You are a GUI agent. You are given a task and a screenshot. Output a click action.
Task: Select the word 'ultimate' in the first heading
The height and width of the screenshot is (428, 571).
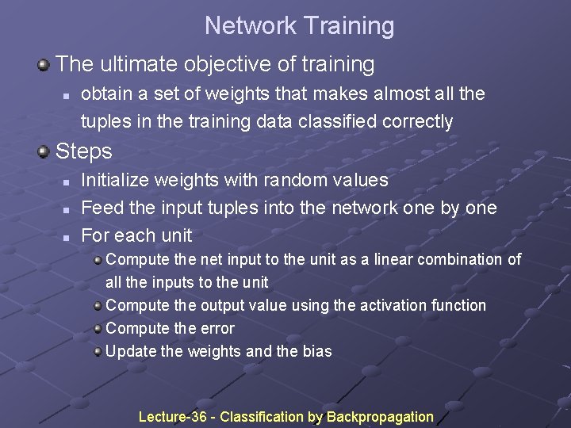pos(136,63)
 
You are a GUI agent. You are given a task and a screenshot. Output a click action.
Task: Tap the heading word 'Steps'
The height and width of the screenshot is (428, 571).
pos(84,151)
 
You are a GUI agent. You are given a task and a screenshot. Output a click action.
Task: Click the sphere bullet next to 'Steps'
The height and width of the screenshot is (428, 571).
pos(44,151)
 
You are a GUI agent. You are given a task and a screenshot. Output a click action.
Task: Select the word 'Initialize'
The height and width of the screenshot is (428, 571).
pos(115,180)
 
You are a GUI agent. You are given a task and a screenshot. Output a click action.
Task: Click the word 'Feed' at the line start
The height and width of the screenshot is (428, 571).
pos(98,208)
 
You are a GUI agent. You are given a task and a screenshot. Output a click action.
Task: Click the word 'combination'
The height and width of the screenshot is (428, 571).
pos(458,259)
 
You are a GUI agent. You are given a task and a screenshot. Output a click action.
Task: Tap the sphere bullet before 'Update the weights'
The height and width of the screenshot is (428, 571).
pos(98,350)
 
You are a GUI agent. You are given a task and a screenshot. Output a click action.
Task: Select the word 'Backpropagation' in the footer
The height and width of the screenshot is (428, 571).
pos(380,417)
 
